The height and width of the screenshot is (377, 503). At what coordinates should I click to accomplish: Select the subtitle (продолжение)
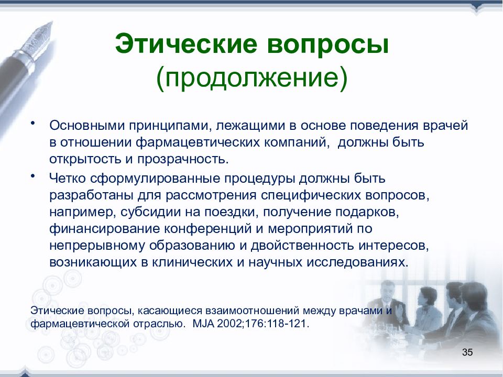252,78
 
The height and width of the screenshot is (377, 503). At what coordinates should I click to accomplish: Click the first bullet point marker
32,123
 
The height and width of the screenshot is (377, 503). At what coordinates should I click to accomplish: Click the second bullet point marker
32,176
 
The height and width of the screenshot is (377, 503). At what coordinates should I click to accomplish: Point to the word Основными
87,125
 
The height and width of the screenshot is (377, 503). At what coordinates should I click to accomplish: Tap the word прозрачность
183,159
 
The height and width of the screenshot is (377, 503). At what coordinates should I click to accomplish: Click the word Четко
68,178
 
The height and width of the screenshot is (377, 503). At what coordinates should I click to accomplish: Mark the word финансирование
104,229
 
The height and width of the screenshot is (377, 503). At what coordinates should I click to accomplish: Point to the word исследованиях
358,262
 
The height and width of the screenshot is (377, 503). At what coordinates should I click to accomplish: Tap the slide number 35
467,352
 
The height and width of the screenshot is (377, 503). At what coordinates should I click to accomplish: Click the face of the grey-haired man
387,290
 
